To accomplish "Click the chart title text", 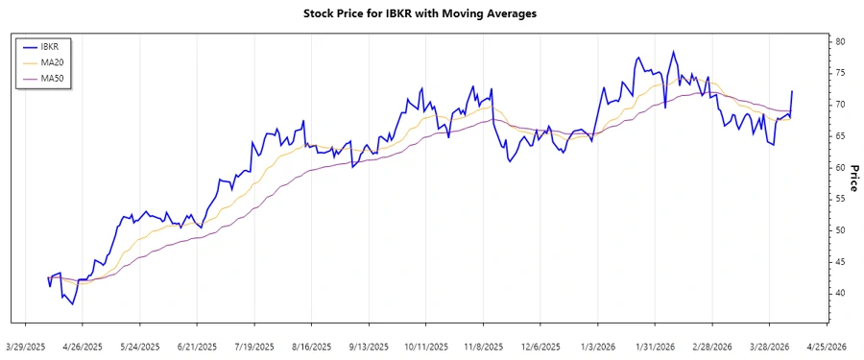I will tap(432, 13).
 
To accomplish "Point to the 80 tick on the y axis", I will tap(839, 41).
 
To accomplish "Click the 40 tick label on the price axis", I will tap(839, 293).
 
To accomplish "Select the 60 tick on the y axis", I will tap(839, 167).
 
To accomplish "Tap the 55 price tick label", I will tap(839, 199).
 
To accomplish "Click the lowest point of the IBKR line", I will tap(73, 304).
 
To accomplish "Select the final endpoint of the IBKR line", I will tap(792, 91).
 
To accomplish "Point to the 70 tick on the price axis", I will tap(839, 104).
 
